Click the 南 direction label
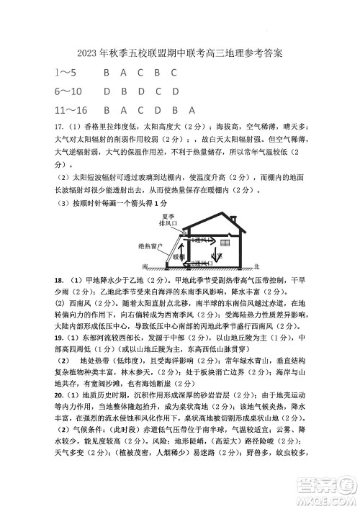click(x=145, y=265)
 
